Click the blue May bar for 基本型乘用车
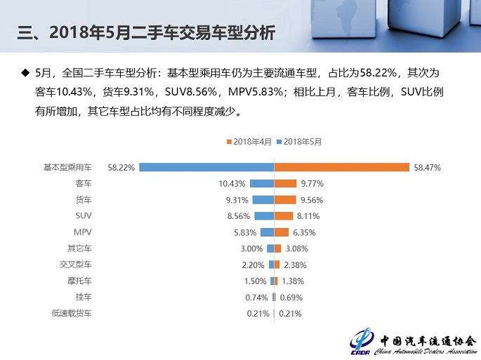click(x=206, y=167)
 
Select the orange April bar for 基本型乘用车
click(x=341, y=167)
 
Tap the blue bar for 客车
click(x=261, y=184)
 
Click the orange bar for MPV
click(x=281, y=232)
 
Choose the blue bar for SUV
click(x=263, y=216)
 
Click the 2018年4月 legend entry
click(x=250, y=142)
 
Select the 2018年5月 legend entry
click(x=300, y=142)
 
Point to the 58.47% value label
click(x=427, y=168)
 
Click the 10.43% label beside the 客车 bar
click(x=232, y=184)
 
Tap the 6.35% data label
click(x=306, y=232)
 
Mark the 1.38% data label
click(x=294, y=281)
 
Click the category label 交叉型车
click(x=75, y=265)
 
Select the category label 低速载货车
click(x=71, y=313)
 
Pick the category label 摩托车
click(x=79, y=281)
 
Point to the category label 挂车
click(x=83, y=297)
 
